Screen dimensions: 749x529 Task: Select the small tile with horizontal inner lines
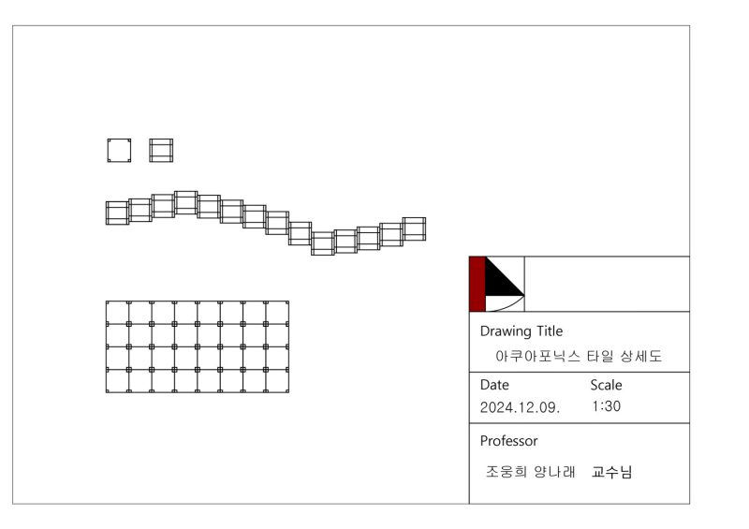point(161,151)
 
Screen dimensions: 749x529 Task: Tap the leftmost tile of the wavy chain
point(117,213)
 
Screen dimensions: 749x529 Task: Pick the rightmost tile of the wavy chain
point(414,228)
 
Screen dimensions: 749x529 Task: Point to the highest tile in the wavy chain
point(185,202)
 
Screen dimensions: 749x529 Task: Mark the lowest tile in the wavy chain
point(323,243)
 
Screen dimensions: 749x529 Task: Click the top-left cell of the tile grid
point(117,313)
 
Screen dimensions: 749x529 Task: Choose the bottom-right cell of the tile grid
point(277,381)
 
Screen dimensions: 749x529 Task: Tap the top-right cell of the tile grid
point(277,313)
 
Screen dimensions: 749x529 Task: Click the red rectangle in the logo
point(477,285)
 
